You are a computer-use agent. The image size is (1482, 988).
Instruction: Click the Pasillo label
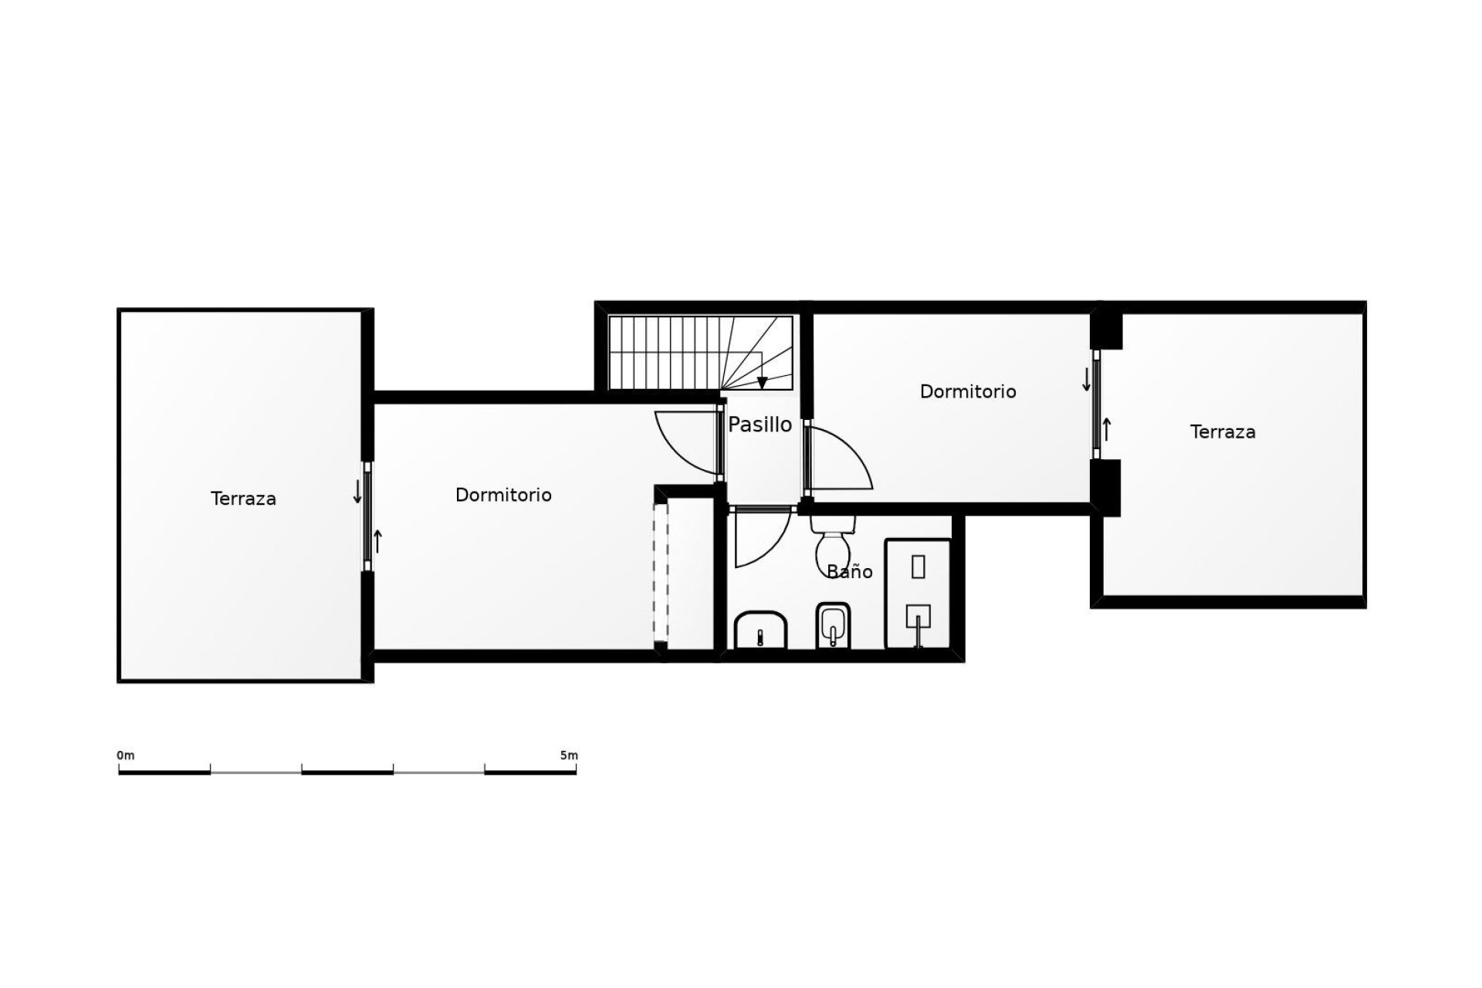(x=760, y=425)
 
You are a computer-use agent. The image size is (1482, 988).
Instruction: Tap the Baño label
(x=849, y=572)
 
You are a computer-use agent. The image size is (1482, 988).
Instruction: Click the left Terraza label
(x=243, y=499)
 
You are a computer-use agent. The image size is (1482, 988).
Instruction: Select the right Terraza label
(x=1223, y=432)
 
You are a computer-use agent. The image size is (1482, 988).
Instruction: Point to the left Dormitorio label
(x=503, y=495)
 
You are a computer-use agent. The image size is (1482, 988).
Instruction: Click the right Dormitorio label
(x=968, y=391)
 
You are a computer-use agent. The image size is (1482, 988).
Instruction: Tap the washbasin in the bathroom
(x=760, y=630)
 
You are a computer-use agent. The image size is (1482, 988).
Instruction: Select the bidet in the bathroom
(x=833, y=626)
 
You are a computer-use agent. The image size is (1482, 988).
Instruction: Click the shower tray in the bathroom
(x=918, y=594)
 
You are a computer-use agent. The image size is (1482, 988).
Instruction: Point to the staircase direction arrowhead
(x=762, y=382)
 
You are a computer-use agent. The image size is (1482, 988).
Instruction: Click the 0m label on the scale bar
(x=125, y=755)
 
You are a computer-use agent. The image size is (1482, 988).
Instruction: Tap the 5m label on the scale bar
(x=569, y=755)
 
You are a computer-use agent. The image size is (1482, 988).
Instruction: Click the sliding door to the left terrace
(x=367, y=516)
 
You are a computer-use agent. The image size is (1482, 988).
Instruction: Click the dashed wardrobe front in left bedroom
(x=660, y=572)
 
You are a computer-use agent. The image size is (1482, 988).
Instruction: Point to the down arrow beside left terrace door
(x=357, y=492)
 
